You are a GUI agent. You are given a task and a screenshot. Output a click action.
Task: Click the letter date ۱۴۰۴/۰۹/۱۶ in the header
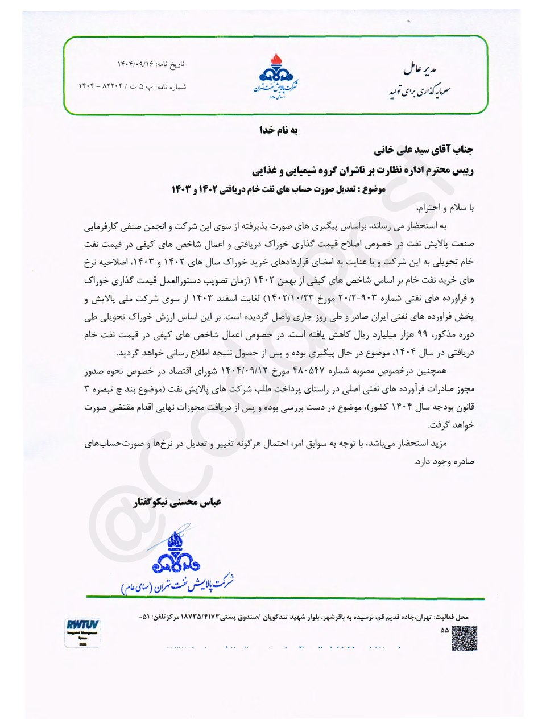click(135, 64)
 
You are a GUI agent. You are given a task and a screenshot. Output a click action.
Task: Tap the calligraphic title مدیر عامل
click(420, 69)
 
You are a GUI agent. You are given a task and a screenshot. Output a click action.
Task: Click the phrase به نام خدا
click(279, 130)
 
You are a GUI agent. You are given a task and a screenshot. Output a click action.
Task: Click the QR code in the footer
click(464, 638)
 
